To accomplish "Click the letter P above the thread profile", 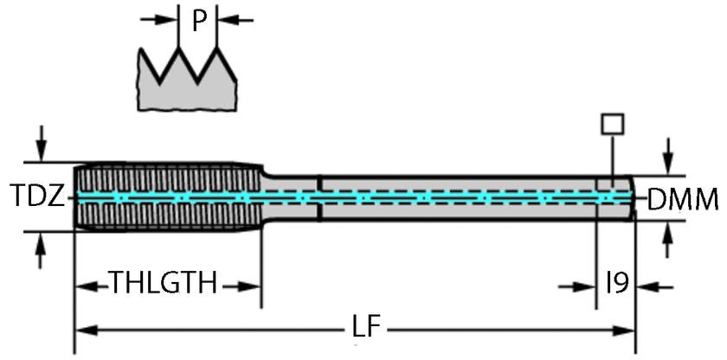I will coord(199,21).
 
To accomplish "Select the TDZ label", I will coord(37,197).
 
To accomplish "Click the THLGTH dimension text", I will coord(163,283).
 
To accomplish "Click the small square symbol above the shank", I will coord(612,124).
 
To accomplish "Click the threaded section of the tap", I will coord(164,196).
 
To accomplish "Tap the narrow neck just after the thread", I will coord(290,197).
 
